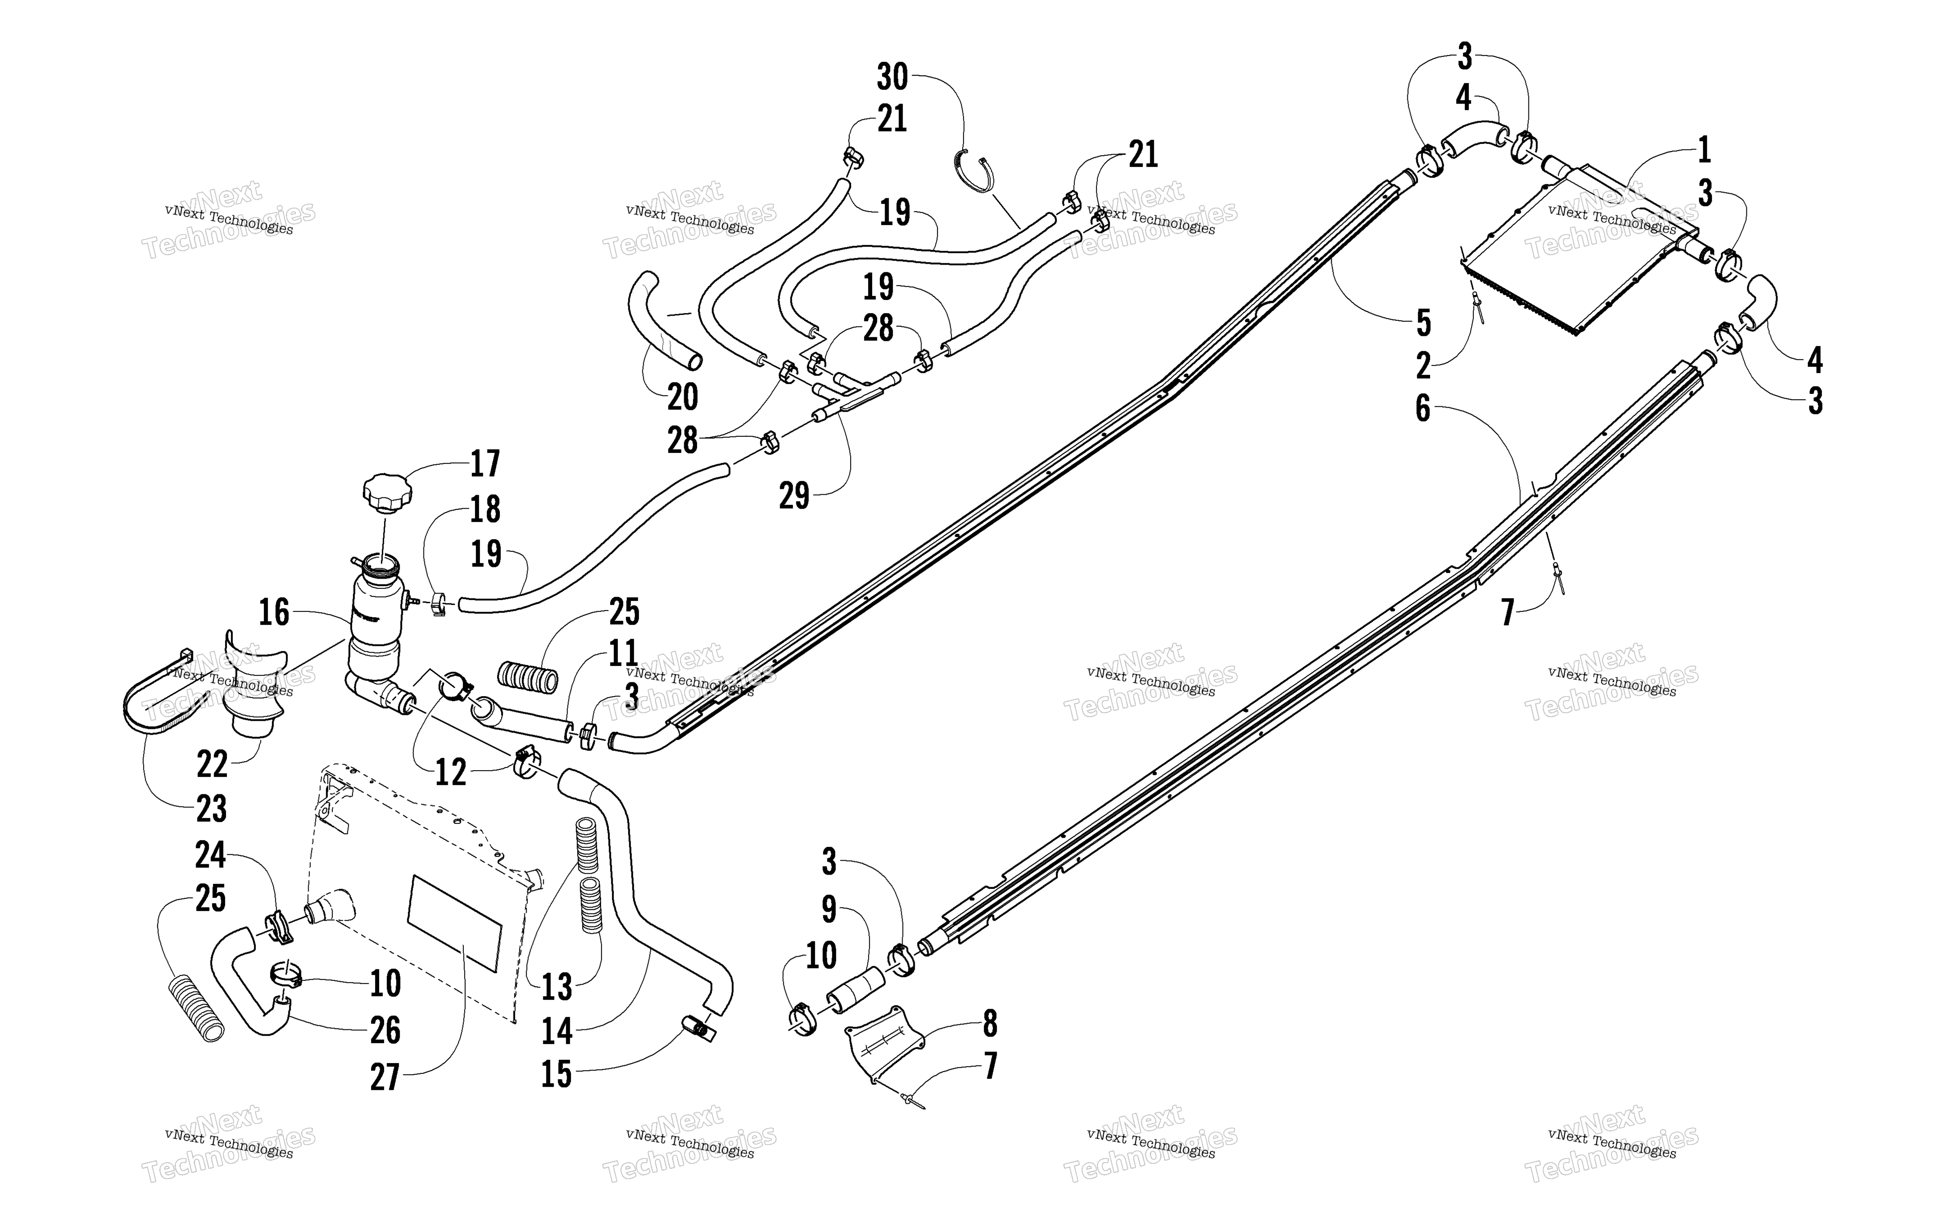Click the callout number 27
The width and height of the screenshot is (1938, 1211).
click(384, 1077)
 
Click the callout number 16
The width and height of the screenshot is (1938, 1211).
click(274, 613)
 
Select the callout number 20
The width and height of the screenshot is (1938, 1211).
click(682, 396)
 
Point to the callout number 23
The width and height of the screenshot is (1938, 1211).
click(211, 809)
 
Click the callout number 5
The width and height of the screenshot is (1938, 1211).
click(1423, 323)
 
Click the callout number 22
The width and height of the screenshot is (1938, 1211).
click(212, 765)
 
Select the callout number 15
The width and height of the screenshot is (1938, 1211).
click(557, 1075)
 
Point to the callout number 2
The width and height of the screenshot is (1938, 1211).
click(1423, 366)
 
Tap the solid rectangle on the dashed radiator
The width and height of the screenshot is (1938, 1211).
click(455, 923)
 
